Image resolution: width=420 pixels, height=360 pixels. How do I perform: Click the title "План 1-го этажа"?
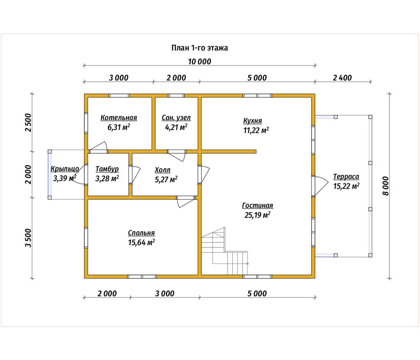199,48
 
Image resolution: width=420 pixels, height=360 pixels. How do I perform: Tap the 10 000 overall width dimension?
199,62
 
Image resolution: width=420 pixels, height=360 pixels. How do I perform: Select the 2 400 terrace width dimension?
342,78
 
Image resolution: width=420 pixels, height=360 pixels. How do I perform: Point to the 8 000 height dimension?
386,186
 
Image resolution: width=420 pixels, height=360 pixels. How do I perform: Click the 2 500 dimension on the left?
28,122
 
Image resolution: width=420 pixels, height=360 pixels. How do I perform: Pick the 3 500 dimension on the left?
28,238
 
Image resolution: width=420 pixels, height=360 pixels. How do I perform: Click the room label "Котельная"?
119,118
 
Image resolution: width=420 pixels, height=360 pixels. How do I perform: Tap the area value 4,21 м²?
176,127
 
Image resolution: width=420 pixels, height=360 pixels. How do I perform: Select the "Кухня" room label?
252,121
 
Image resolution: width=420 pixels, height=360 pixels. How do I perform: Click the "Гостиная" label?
257,205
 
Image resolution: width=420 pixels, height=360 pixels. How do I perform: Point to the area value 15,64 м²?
141,242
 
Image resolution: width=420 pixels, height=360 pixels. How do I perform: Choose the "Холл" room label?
163,170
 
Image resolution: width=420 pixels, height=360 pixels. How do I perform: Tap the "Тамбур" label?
107,169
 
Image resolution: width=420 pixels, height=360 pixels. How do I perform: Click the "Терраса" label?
346,177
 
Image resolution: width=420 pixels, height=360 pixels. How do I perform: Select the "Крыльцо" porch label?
65,169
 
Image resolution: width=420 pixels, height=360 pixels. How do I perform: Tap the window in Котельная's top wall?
119,96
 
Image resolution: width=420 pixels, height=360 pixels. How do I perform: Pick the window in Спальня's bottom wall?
142,277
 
